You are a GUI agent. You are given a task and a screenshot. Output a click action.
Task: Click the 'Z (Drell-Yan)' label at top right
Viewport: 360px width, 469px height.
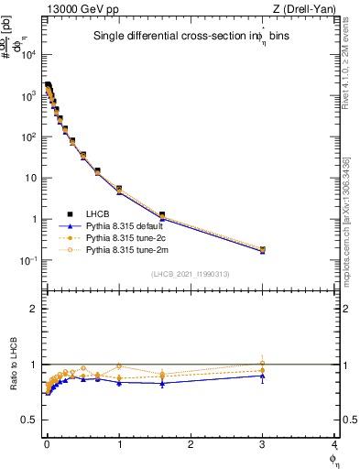point(308,8)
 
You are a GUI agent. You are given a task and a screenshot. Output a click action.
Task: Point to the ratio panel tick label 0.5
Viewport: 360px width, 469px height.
point(31,420)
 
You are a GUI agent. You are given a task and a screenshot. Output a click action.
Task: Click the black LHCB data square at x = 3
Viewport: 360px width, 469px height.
point(263,249)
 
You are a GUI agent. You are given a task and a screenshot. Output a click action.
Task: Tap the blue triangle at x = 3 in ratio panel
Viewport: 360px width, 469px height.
point(263,376)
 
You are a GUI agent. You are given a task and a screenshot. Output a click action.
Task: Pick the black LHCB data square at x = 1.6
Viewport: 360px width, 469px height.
point(162,215)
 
